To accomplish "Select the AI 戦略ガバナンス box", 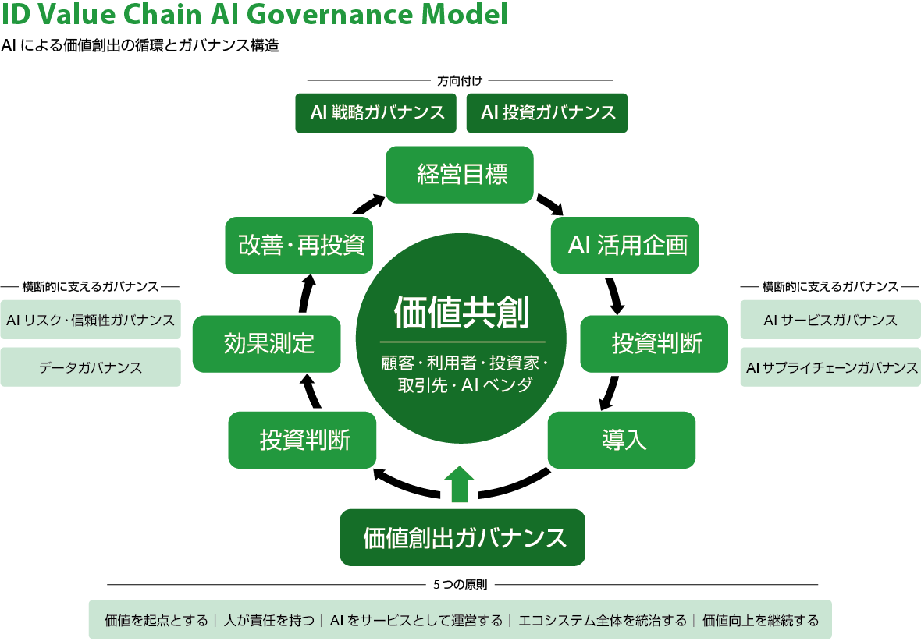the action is pyautogui.click(x=376, y=113).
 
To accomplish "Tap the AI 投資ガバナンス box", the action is pyautogui.click(x=547, y=113).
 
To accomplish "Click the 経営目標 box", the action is pyautogui.click(x=459, y=175).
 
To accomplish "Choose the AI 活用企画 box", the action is pyautogui.click(x=625, y=246).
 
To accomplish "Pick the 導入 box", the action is pyautogui.click(x=621, y=441).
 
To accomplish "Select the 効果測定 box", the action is pyautogui.click(x=267, y=344).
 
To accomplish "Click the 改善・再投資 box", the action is pyautogui.click(x=299, y=246).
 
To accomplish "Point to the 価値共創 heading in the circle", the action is pyautogui.click(x=462, y=312).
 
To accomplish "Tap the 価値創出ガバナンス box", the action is pyautogui.click(x=462, y=538).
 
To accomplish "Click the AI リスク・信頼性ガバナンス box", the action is pyautogui.click(x=91, y=320).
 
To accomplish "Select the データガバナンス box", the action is pyautogui.click(x=91, y=367).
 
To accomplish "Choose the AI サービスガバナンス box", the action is pyautogui.click(x=830, y=320).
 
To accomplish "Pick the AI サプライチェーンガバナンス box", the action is pyautogui.click(x=830, y=367).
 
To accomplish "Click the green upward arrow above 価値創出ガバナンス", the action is pyautogui.click(x=459, y=484).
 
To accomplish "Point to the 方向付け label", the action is pyautogui.click(x=460, y=80).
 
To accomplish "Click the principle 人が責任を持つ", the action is pyautogui.click(x=269, y=621).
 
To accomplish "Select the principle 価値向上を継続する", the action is pyautogui.click(x=760, y=621).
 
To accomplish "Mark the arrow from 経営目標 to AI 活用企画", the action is pyautogui.click(x=550, y=204).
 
